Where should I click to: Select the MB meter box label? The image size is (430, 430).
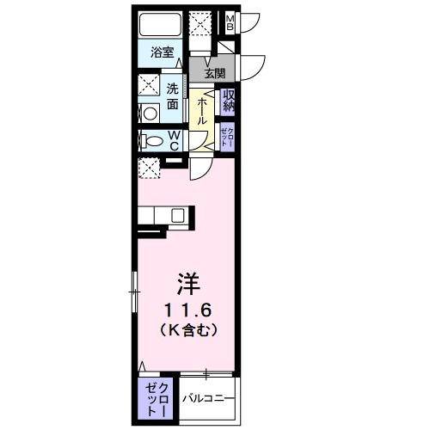230,22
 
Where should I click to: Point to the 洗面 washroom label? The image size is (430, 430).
172,95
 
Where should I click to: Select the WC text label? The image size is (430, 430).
172,139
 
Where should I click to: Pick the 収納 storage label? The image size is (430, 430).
229,101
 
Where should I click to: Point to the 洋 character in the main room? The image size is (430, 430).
188,281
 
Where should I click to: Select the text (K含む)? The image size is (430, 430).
188,329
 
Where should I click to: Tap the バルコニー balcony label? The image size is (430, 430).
207,398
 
